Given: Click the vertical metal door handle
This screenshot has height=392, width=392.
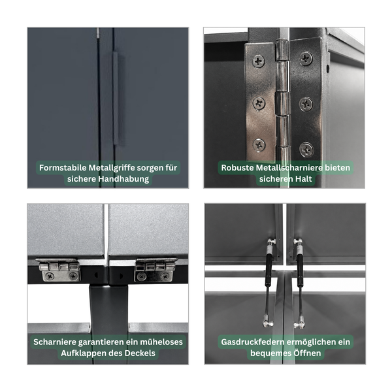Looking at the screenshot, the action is (116, 99).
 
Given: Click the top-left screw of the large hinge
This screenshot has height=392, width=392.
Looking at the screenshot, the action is (259, 61).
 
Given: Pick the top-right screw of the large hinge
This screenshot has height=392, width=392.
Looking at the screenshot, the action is (306, 59).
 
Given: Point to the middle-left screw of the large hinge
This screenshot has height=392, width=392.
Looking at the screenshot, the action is (259, 103).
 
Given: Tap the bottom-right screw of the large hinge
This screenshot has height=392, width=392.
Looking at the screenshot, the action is (306, 150).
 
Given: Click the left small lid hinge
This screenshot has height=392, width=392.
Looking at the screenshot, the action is (59, 270).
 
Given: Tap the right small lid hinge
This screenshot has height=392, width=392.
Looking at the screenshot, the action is (155, 270).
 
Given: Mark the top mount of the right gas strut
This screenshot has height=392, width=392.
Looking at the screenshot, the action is (298, 242).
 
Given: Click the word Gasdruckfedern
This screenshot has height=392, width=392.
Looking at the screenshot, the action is (252, 342).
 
